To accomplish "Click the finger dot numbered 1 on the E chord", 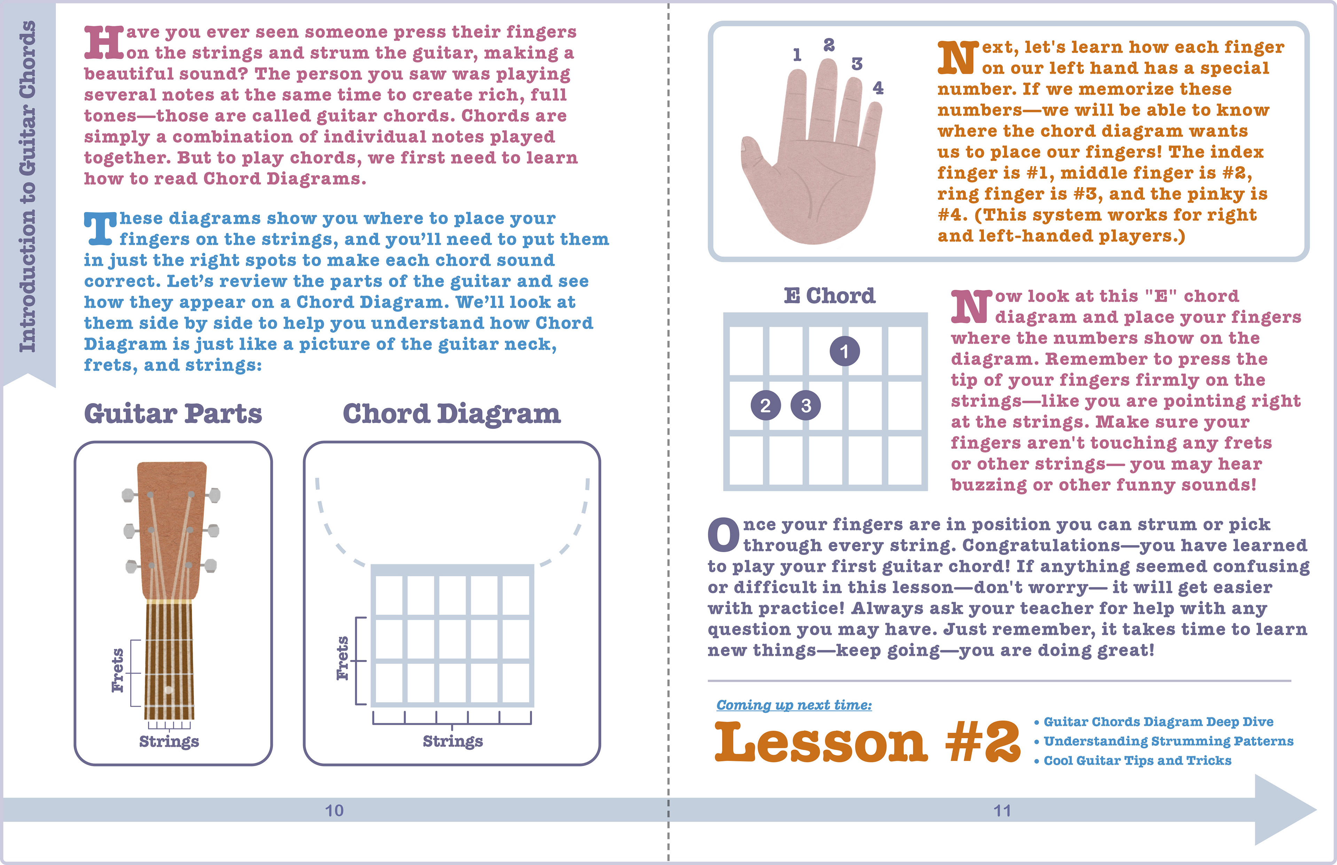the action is pos(844,352).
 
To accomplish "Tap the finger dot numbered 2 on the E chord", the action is pos(765,406).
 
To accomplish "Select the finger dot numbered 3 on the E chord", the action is pos(806,406).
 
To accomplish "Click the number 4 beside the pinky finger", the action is pos(878,88).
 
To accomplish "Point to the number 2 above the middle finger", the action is pos(829,45).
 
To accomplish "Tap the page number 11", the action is pos(1002,810).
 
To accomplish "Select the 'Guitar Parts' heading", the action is pos(173,414).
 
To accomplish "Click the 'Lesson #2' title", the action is pos(867,742).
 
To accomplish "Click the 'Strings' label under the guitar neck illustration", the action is pos(169,741).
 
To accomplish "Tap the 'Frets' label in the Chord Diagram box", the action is pos(342,658).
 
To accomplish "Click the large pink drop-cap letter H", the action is pos(104,43).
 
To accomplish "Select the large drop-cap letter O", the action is pos(724,535).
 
